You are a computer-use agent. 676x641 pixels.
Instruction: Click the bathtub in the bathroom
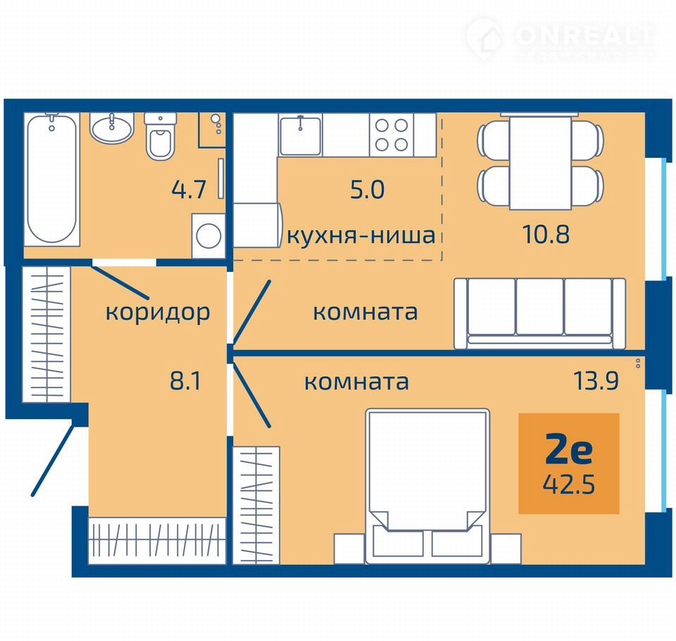click(51, 180)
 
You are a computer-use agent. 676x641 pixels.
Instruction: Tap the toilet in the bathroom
click(161, 137)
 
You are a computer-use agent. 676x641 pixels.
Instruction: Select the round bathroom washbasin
click(112, 128)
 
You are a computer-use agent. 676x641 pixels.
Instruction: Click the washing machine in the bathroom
click(208, 236)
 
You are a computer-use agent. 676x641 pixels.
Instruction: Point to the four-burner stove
click(392, 135)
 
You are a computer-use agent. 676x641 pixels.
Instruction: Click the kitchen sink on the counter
click(301, 135)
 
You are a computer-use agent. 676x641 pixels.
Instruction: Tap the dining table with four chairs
click(541, 162)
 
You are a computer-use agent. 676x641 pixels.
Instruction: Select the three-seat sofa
click(540, 313)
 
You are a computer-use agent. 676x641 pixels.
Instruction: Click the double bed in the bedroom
click(427, 486)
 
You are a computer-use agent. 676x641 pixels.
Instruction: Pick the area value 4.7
click(189, 189)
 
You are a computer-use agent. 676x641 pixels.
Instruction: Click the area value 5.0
click(368, 189)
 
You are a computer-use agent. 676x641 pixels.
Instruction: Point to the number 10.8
click(546, 235)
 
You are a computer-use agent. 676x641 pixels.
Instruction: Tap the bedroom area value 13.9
click(596, 381)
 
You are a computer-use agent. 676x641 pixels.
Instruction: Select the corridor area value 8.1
click(185, 381)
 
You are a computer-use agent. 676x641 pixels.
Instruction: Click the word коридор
click(158, 313)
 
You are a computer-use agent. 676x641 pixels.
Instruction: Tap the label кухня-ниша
click(361, 235)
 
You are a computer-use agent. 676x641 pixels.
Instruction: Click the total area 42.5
click(569, 485)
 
